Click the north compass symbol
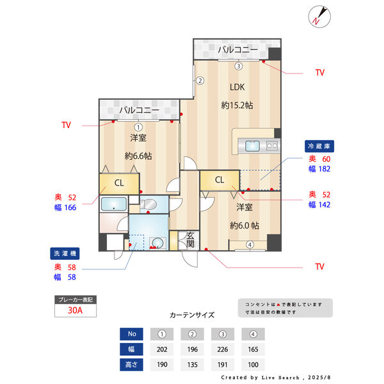click(319, 17)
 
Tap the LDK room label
click(237, 87)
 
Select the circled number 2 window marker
click(200, 81)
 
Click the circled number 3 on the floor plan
click(239, 66)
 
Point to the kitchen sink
click(253, 146)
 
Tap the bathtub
click(114, 204)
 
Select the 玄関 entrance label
click(190, 240)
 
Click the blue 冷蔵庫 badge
click(319, 146)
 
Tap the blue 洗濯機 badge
click(65, 253)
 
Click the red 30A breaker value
click(75, 310)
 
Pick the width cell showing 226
click(223, 349)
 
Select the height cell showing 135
click(192, 365)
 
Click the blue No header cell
click(131, 334)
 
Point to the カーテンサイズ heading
click(192, 315)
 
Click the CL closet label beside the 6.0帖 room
click(220, 180)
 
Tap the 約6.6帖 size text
click(138, 156)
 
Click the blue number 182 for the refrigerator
click(324, 169)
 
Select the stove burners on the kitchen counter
click(272, 146)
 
